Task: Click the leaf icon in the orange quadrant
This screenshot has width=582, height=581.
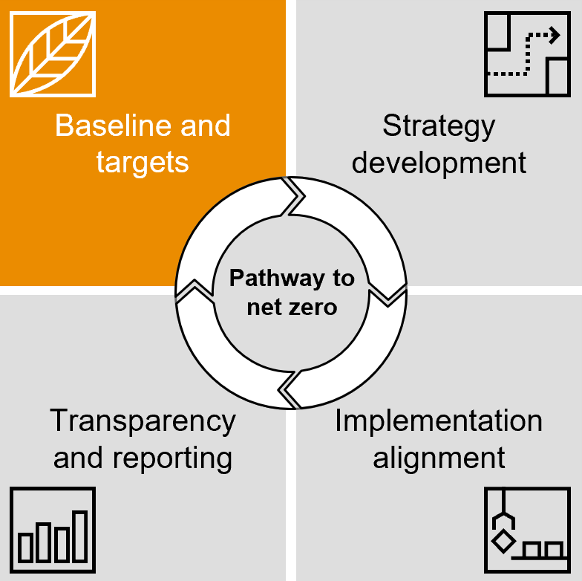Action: pos(53,53)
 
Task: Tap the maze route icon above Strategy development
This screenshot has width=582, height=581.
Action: pos(528,53)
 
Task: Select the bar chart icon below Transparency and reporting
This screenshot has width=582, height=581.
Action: pos(53,530)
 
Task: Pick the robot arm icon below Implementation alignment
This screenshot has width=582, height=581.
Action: pos(528,530)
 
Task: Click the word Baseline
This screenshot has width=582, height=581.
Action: pos(101,126)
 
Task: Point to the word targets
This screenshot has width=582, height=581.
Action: pos(143,161)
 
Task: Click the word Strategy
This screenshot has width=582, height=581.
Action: pos(438,126)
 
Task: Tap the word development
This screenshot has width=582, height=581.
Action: pos(439,162)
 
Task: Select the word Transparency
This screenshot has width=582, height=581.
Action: pos(143,421)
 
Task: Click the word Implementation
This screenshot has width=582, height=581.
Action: pos(439,421)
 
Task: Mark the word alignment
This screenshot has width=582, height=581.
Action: pos(439,457)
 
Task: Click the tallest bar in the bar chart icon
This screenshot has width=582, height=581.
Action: pos(80,536)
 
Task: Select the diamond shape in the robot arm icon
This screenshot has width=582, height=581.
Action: pos(504,540)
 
